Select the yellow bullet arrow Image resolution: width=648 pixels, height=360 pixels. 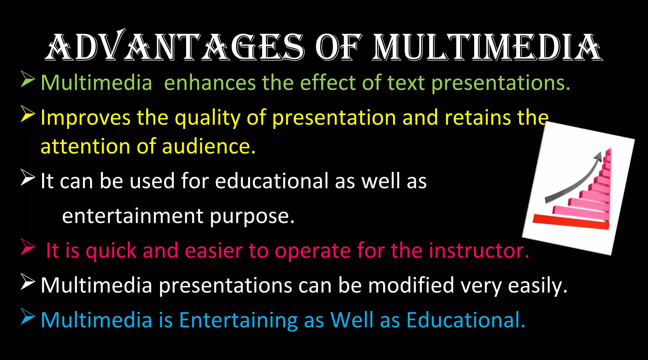click(x=28, y=114)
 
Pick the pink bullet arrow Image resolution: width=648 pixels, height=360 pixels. click(x=28, y=247)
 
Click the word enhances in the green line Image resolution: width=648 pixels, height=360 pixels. click(x=210, y=83)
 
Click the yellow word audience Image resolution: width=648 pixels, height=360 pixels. click(x=209, y=146)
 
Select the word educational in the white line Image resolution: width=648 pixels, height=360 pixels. click(x=272, y=181)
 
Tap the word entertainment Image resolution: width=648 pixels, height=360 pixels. click(x=133, y=216)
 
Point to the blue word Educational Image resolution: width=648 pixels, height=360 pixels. click(x=465, y=320)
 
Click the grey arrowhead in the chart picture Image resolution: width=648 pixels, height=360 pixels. click(x=598, y=157)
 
